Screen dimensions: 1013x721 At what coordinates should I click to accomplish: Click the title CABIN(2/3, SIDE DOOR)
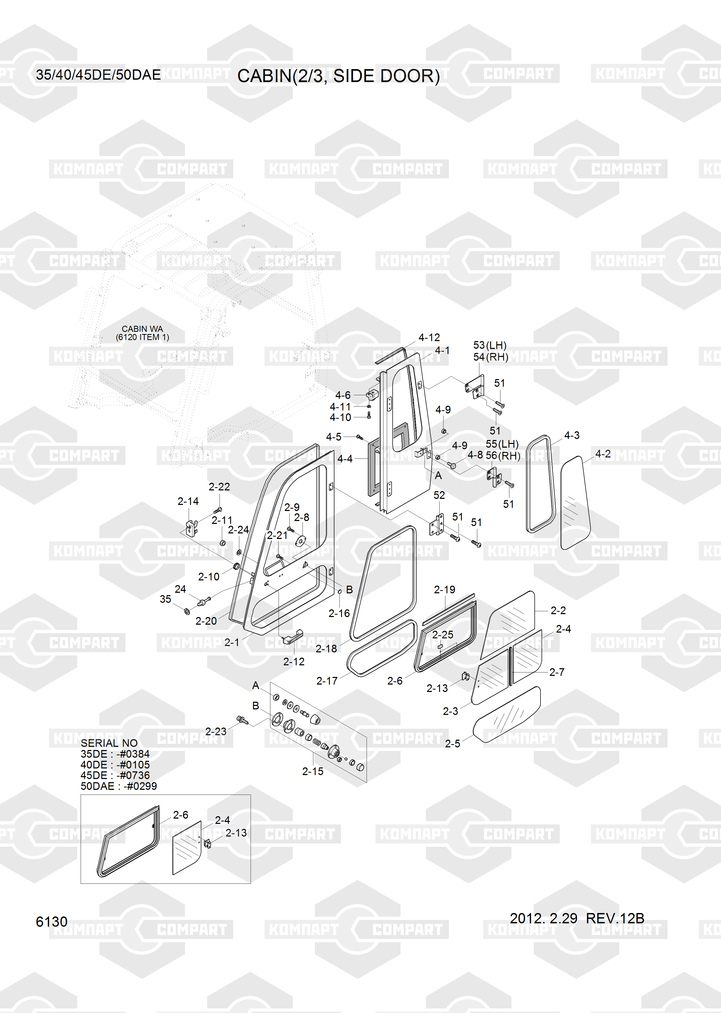pyautogui.click(x=338, y=76)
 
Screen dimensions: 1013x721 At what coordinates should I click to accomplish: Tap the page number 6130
pyautogui.click(x=51, y=921)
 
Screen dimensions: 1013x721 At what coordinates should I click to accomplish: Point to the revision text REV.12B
pyautogui.click(x=615, y=918)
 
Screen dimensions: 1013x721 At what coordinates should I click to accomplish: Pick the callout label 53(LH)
pyautogui.click(x=490, y=345)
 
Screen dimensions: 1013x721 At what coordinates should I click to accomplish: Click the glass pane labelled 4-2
pyautogui.click(x=575, y=502)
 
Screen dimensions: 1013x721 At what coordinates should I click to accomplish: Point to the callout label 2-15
pyautogui.click(x=313, y=771)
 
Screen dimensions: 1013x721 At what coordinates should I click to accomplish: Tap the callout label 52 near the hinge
pyautogui.click(x=439, y=495)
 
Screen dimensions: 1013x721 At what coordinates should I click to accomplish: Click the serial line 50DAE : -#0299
pyautogui.click(x=119, y=786)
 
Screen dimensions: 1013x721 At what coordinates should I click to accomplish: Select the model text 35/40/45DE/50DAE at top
pyautogui.click(x=98, y=75)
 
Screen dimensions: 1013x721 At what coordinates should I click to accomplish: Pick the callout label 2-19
pyautogui.click(x=444, y=590)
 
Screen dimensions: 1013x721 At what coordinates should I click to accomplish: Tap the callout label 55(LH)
pyautogui.click(x=502, y=444)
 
